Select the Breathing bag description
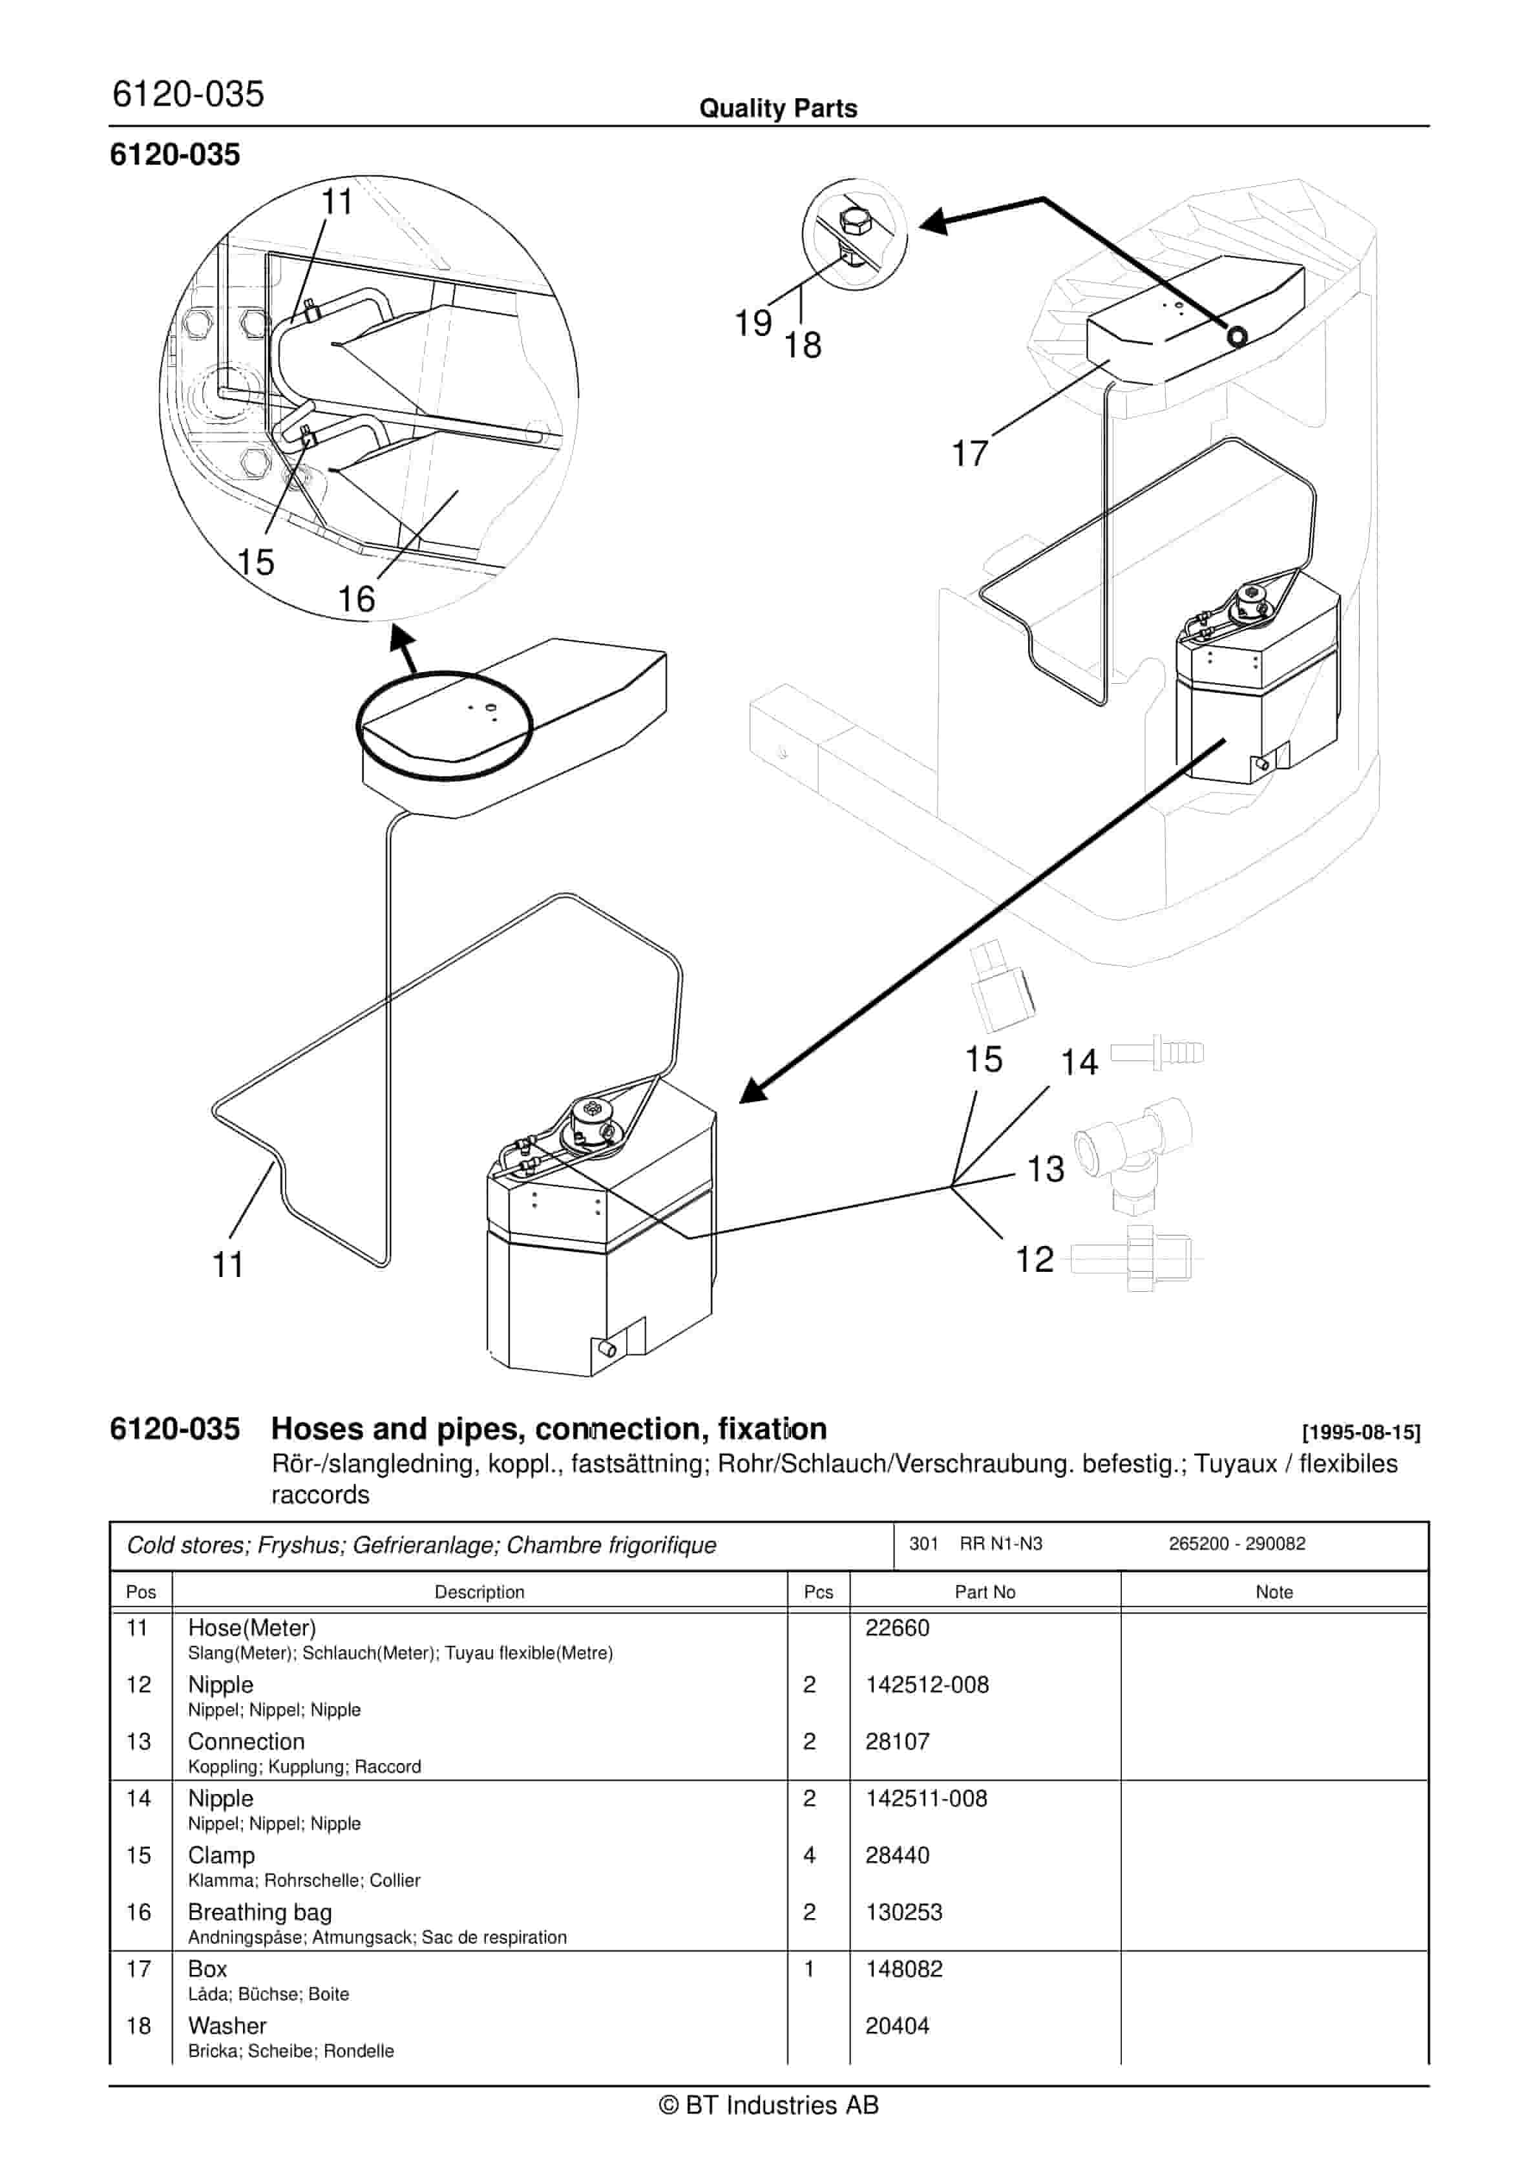point(260,1912)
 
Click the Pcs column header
point(818,1592)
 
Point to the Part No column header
point(984,1592)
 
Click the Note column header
point(1273,1592)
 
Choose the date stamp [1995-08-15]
point(1361,1433)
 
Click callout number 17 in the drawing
point(970,454)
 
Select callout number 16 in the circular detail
point(356,598)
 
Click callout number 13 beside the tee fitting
point(1046,1168)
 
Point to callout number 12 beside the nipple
point(1034,1260)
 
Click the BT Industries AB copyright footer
point(769,2105)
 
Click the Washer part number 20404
point(897,2025)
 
